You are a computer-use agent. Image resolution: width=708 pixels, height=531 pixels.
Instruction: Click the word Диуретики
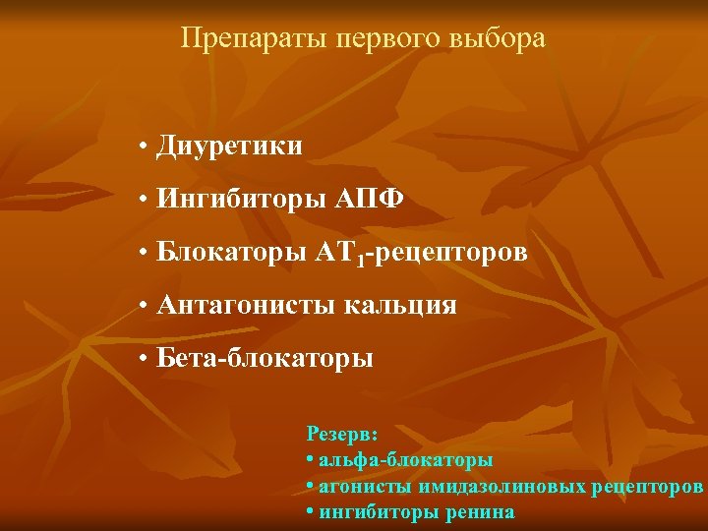[229, 147]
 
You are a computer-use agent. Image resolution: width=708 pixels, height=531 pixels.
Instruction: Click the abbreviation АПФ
[371, 200]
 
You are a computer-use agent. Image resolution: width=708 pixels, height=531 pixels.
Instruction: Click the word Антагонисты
[247, 306]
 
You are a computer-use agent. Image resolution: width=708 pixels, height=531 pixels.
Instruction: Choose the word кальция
[400, 306]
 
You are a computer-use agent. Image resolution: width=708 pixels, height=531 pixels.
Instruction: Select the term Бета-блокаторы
[265, 359]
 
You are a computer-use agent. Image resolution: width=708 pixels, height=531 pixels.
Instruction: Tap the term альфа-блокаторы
[405, 459]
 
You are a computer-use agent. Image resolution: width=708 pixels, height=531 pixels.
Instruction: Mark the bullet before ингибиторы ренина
[310, 512]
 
